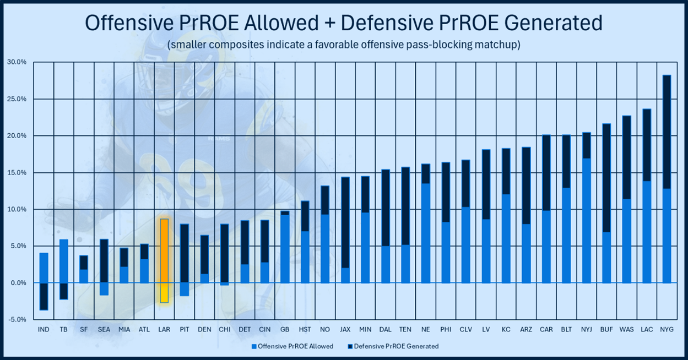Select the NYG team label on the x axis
point(666,329)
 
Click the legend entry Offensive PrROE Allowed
point(292,346)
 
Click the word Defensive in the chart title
point(387,23)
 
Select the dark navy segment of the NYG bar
point(666,132)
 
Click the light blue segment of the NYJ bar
point(586,220)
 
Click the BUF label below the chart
point(606,329)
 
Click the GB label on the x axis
point(285,329)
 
